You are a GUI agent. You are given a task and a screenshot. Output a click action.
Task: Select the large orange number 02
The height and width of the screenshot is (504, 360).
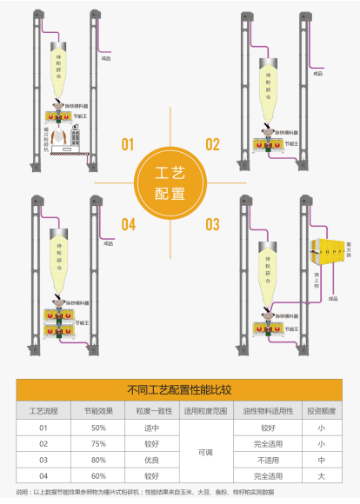(211, 145)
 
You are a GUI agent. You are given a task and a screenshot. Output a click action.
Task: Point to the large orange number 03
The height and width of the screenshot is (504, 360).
(211, 225)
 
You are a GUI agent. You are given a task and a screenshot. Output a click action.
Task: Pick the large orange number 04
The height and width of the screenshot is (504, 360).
(129, 225)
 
